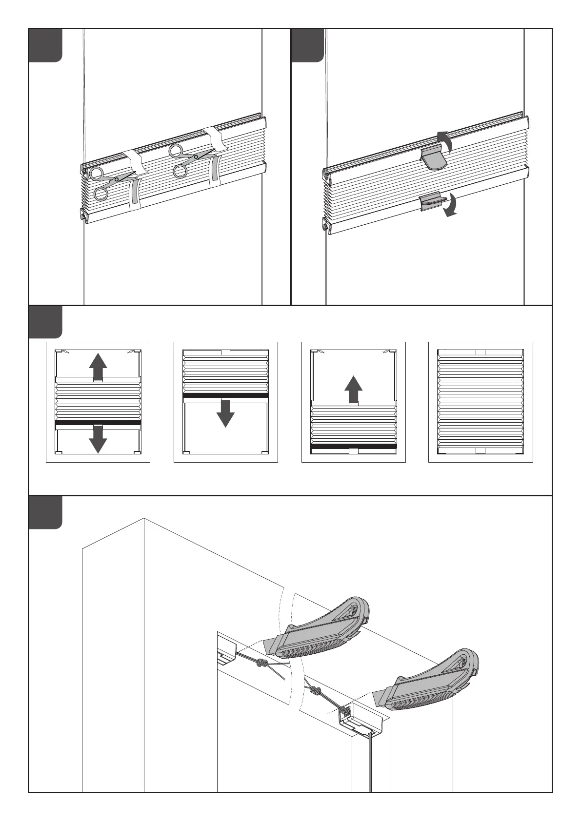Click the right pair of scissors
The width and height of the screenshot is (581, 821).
pyautogui.click(x=188, y=158)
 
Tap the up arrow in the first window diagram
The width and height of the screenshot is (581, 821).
pyautogui.click(x=98, y=367)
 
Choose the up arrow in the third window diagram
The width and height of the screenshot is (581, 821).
pyautogui.click(x=353, y=390)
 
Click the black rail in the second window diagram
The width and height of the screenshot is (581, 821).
pyautogui.click(x=225, y=396)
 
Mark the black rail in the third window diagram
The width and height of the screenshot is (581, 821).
pyautogui.click(x=353, y=446)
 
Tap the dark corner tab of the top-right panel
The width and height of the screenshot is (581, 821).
pyautogui.click(x=307, y=45)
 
